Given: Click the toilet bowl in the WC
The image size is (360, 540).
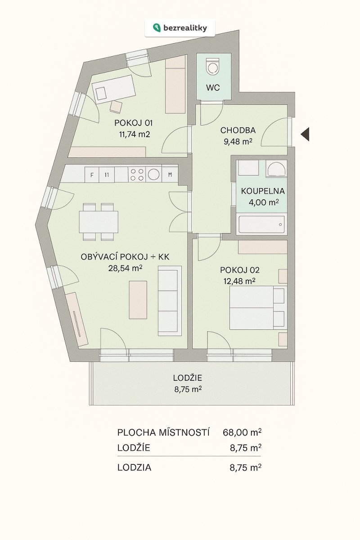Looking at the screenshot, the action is (213, 66).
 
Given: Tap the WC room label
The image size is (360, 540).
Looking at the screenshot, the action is (213, 88).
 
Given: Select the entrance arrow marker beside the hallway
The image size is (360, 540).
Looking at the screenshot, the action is (305, 135).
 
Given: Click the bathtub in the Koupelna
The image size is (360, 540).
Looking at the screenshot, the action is (261, 224).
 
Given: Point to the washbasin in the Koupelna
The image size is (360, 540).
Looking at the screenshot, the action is (277, 168).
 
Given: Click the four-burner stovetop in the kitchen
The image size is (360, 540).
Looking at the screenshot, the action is (137, 175).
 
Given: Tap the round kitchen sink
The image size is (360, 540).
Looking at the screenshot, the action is (153, 175).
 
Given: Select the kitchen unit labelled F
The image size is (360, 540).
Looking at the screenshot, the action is (92, 175).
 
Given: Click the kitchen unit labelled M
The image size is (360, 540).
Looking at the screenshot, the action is (170, 175).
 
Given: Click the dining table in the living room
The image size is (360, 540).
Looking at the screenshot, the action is (99, 222).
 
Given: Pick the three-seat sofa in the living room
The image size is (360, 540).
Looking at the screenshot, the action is (170, 301).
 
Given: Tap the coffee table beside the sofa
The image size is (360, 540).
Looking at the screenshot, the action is (138, 300).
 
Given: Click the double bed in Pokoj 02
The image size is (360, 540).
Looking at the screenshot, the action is (258, 308).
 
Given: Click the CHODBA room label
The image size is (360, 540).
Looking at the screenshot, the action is (238, 130).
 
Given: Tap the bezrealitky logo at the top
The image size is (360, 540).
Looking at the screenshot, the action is (180, 28).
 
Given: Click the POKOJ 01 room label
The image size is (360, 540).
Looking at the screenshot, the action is (133, 123).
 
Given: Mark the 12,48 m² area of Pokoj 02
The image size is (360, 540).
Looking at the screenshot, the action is (239, 281).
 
